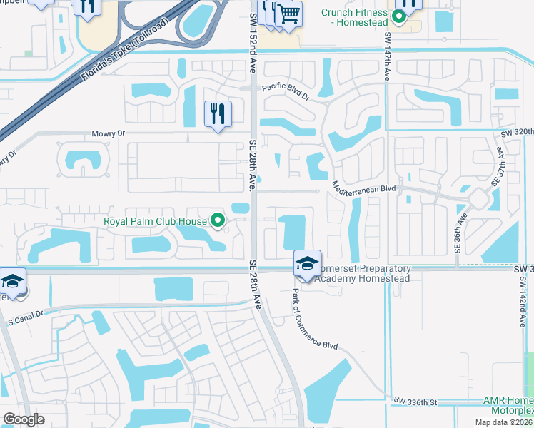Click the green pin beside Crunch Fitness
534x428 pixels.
pyautogui.click(x=400, y=16)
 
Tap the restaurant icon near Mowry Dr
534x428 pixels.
pyautogui.click(x=218, y=113)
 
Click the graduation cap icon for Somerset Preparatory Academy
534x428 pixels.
pyautogui.click(x=307, y=263)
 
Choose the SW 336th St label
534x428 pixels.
pyautogui.click(x=416, y=402)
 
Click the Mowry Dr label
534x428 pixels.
pyautogui.click(x=108, y=133)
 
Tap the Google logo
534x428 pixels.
pyautogui.click(x=24, y=419)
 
